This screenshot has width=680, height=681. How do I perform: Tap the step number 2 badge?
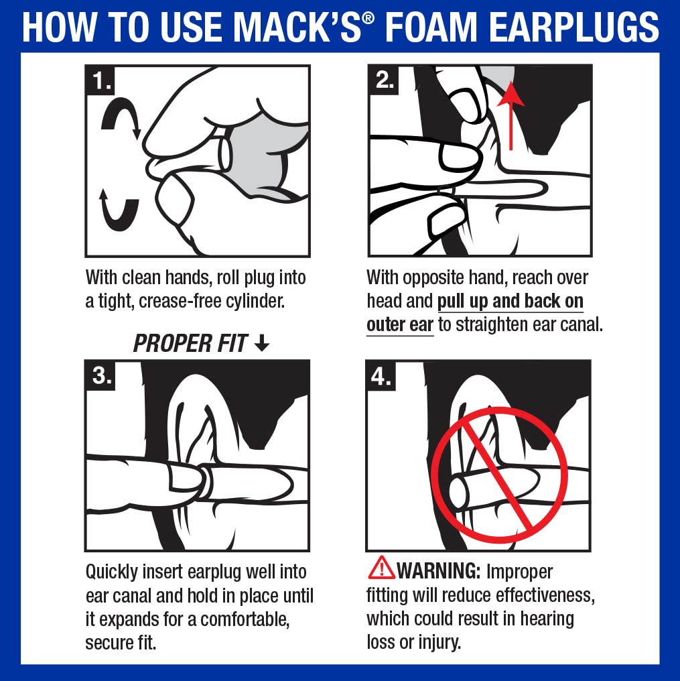pos(384,80)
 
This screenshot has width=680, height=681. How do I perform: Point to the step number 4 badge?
pos(382,376)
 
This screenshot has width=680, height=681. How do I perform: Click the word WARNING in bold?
pos(439,571)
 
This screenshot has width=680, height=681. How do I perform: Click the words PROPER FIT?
pos(190,344)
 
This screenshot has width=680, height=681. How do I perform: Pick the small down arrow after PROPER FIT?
pos(262,344)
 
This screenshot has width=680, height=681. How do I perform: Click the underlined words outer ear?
pos(400,324)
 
